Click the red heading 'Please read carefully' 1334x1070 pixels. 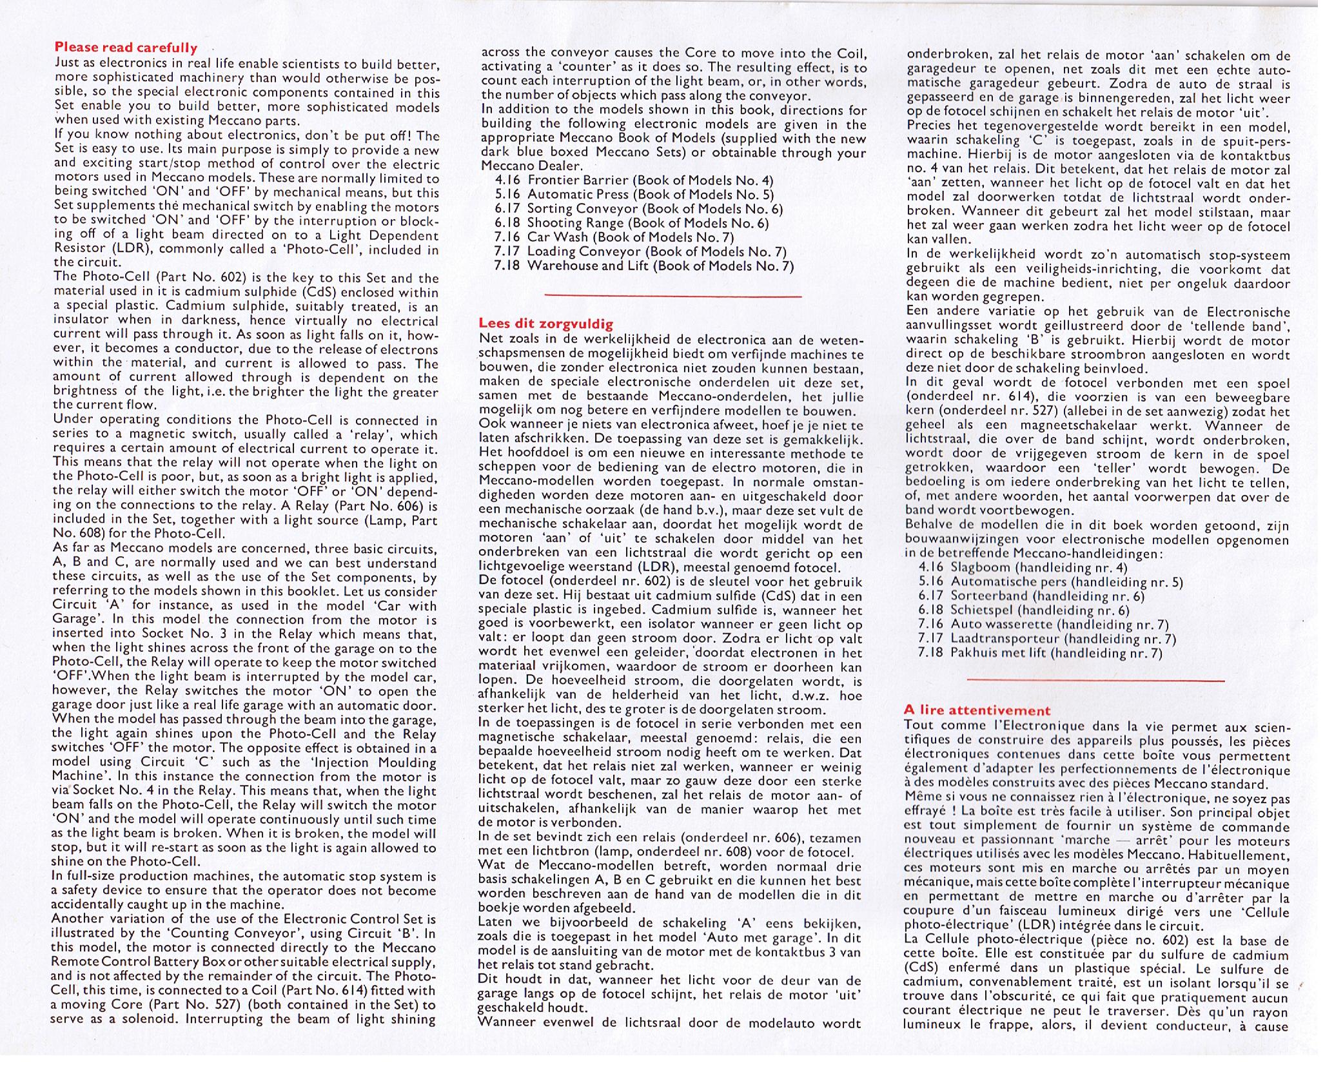(126, 48)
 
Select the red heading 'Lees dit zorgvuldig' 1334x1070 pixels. (546, 324)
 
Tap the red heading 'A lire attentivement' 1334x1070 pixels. (977, 710)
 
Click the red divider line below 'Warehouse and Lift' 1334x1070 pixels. (673, 296)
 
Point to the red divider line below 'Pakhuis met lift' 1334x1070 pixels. (1095, 680)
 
